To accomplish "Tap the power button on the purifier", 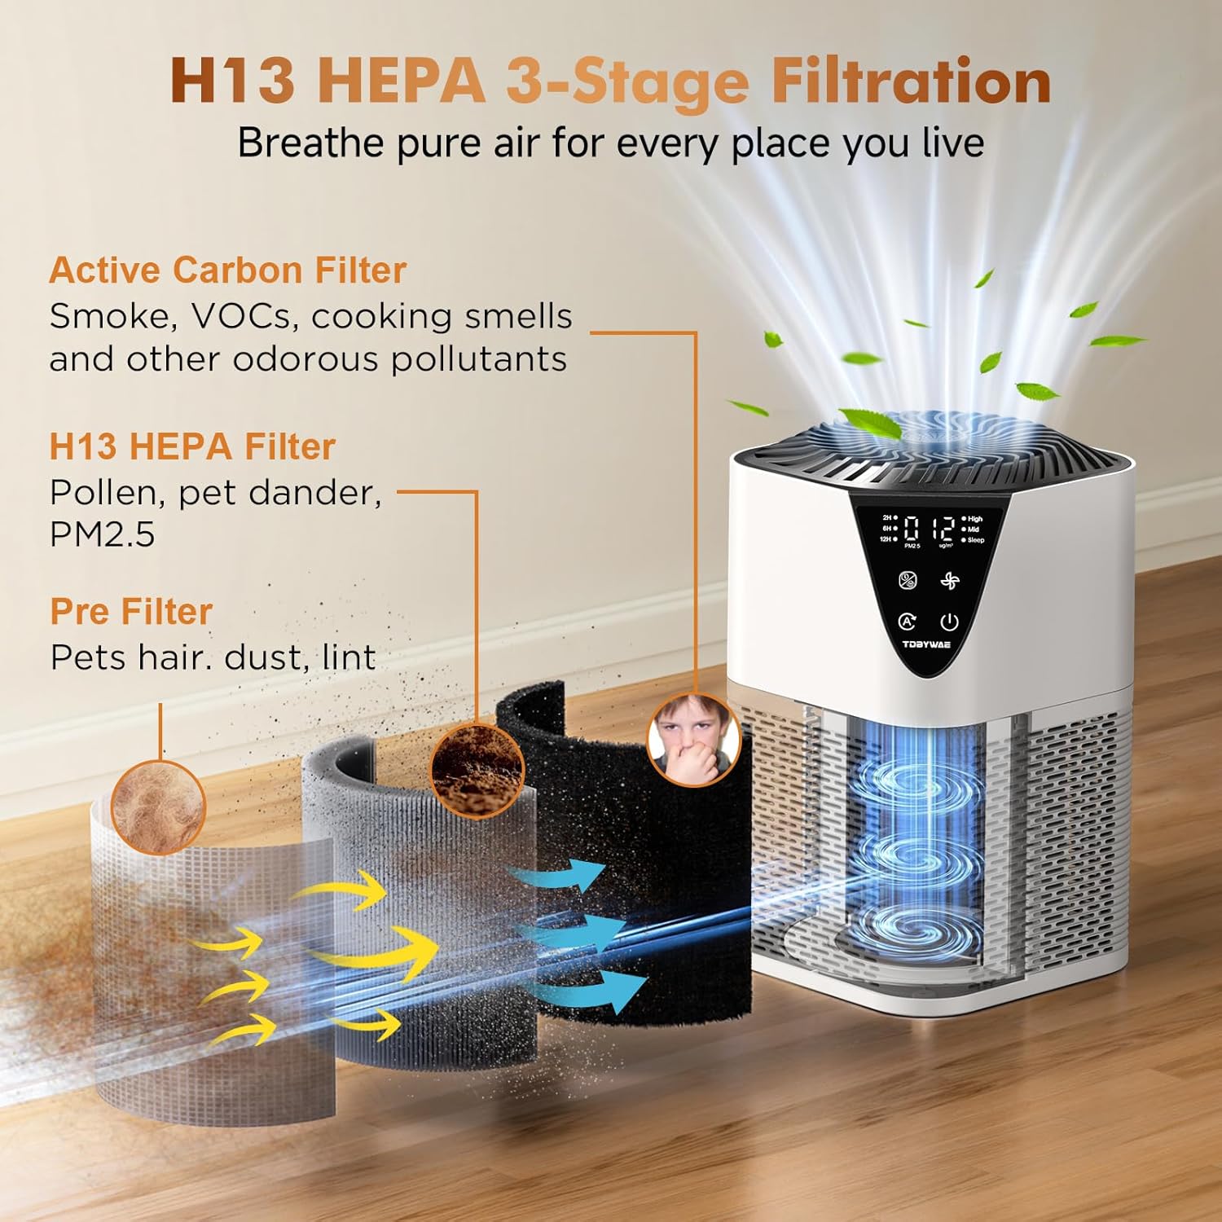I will click(949, 622).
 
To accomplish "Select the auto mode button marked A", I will click(907, 622).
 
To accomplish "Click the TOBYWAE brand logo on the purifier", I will click(926, 644).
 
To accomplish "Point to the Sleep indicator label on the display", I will click(975, 540).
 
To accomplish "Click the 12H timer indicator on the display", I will click(886, 539).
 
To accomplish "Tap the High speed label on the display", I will click(974, 518).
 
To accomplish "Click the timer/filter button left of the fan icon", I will click(908, 581).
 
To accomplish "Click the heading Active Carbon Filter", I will click(227, 271).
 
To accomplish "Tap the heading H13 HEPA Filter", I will click(192, 447).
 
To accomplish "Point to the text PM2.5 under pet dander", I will click(102, 535).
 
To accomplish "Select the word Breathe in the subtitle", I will click(310, 143).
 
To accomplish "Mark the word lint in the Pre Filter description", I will click(349, 658).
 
